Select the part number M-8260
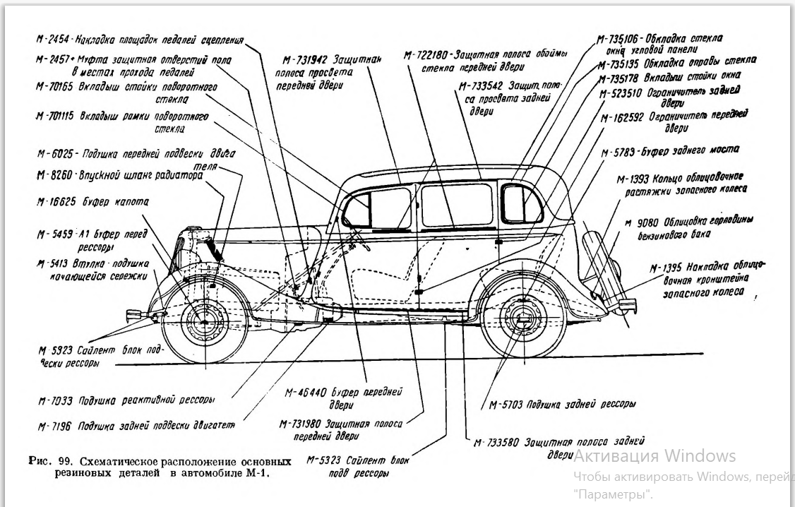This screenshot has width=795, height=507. pyautogui.click(x=54, y=175)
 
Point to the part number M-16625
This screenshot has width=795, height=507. pyautogui.click(x=56, y=201)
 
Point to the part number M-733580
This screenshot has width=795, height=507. pyautogui.click(x=496, y=443)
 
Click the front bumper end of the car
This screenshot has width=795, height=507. pyautogui.click(x=132, y=315)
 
